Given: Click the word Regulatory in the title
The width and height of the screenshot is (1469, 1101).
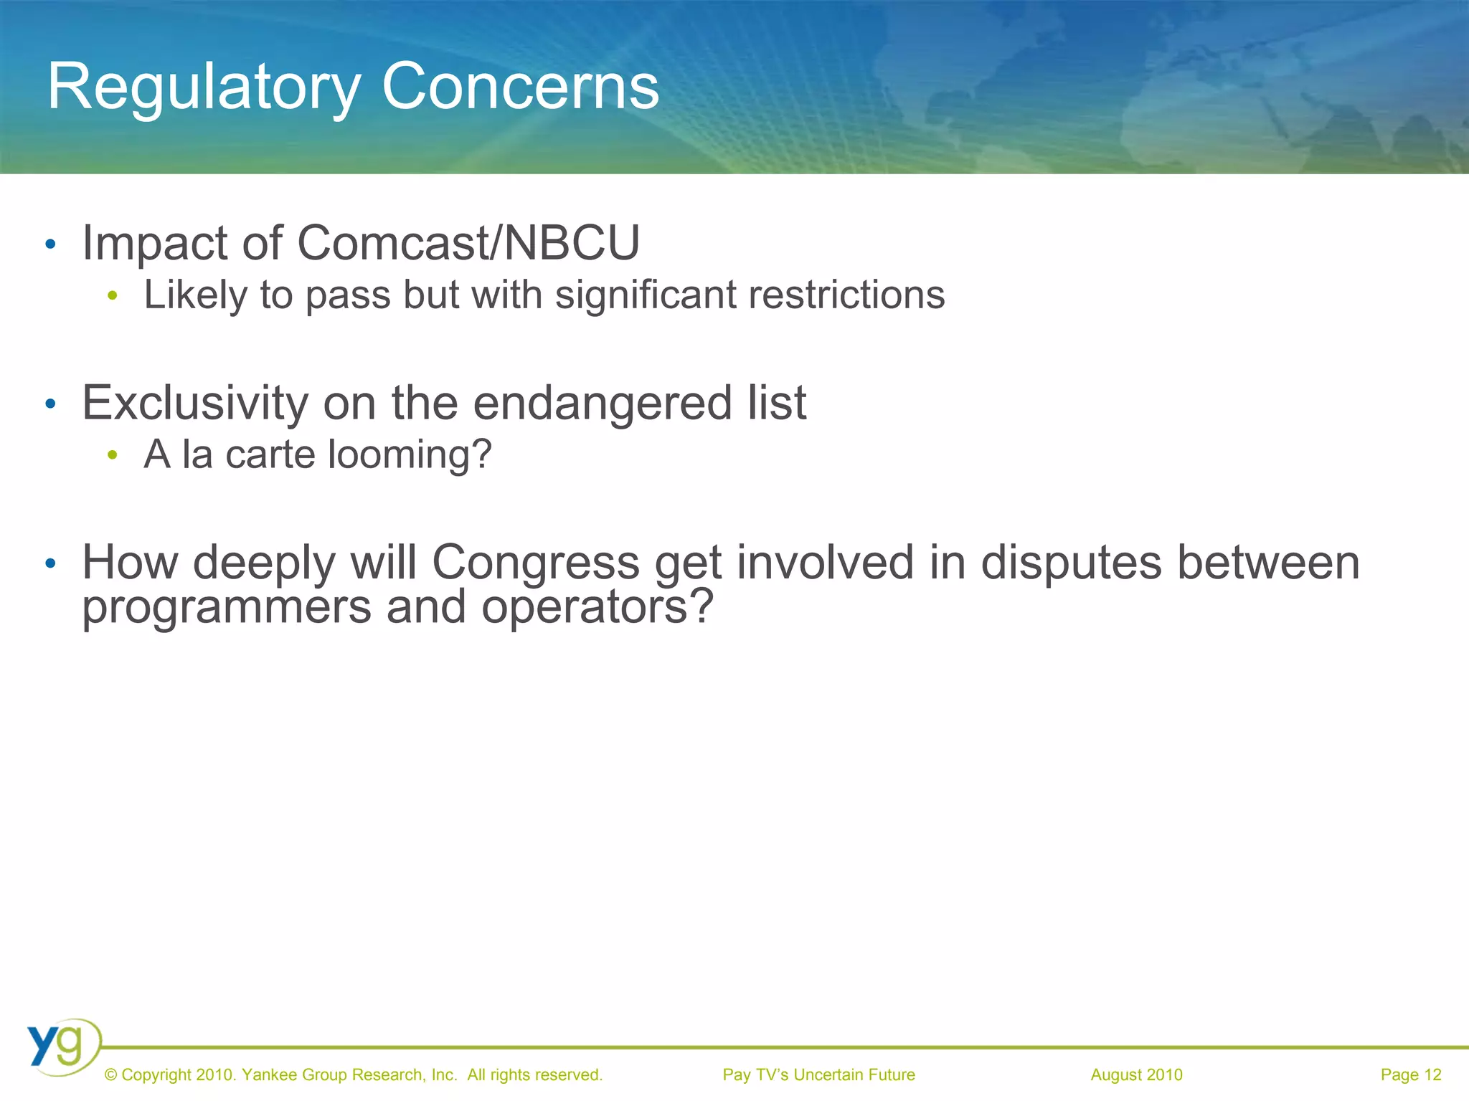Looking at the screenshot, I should point(203,87).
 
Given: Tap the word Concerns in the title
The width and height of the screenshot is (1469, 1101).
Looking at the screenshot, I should point(520,87).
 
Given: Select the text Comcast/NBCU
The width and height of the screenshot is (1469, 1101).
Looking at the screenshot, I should point(468,243).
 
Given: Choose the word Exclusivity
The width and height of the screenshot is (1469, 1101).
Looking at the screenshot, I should point(195,403).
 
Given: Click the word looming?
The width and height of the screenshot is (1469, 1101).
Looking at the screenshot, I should point(410,454).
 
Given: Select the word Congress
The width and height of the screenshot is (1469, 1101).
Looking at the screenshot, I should point(535,562).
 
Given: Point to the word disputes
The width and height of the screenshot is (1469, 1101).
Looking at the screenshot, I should point(1071,562).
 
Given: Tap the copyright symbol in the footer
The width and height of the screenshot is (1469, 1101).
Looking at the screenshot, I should point(110,1075).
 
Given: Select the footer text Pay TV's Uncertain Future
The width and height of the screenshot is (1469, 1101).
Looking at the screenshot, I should point(818,1075).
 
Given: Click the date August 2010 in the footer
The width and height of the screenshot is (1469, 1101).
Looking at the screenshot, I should point(1136,1075).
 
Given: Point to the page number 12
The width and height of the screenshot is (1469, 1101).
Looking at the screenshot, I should point(1432,1075).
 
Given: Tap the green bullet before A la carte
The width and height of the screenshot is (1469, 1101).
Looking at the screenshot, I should point(112,455).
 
